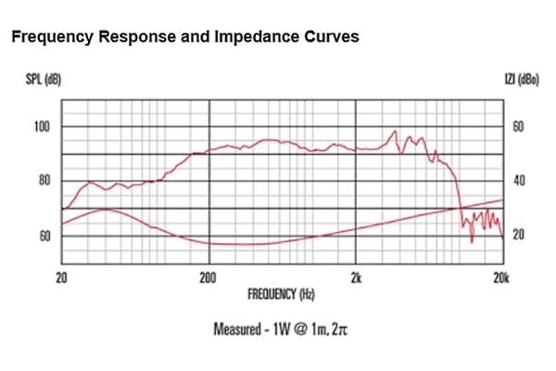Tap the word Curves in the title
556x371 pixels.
[x=326, y=37]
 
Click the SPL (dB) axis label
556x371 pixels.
[x=43, y=82]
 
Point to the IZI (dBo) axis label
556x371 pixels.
[x=518, y=82]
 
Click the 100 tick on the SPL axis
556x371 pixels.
[x=43, y=126]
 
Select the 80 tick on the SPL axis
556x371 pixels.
[x=43, y=181]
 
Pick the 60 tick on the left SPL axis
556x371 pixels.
[x=43, y=236]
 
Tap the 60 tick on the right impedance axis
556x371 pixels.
[x=518, y=126]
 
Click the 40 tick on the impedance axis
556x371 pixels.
[x=518, y=181]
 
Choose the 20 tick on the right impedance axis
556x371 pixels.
[x=518, y=236]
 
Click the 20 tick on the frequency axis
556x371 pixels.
[x=62, y=277]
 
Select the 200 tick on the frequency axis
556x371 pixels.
[x=208, y=277]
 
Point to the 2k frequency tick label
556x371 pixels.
[x=357, y=277]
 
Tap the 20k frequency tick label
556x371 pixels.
[x=501, y=277]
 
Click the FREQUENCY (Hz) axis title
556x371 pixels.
[x=281, y=295]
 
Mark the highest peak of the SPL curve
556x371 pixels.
[x=396, y=132]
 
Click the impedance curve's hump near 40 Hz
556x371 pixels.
[x=104, y=210]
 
